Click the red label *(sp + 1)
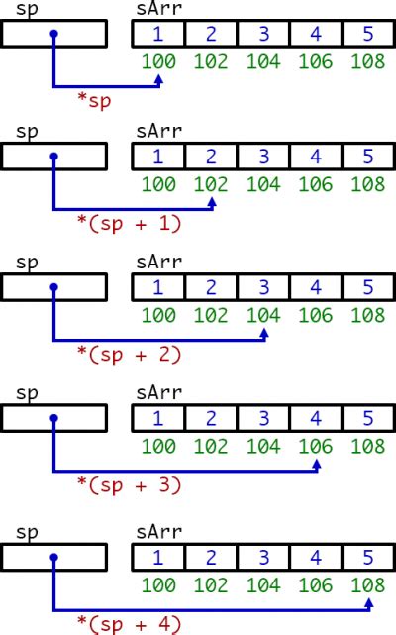(129, 224)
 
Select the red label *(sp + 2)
(129, 354)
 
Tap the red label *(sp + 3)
(129, 484)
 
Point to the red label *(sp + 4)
(129, 624)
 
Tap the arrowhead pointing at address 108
(369, 598)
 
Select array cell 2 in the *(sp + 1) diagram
(211, 157)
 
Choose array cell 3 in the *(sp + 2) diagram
(263, 288)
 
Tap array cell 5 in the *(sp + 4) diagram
(368, 557)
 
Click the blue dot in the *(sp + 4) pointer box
(54, 557)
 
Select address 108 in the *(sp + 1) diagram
(368, 184)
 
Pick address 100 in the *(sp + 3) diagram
(158, 446)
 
